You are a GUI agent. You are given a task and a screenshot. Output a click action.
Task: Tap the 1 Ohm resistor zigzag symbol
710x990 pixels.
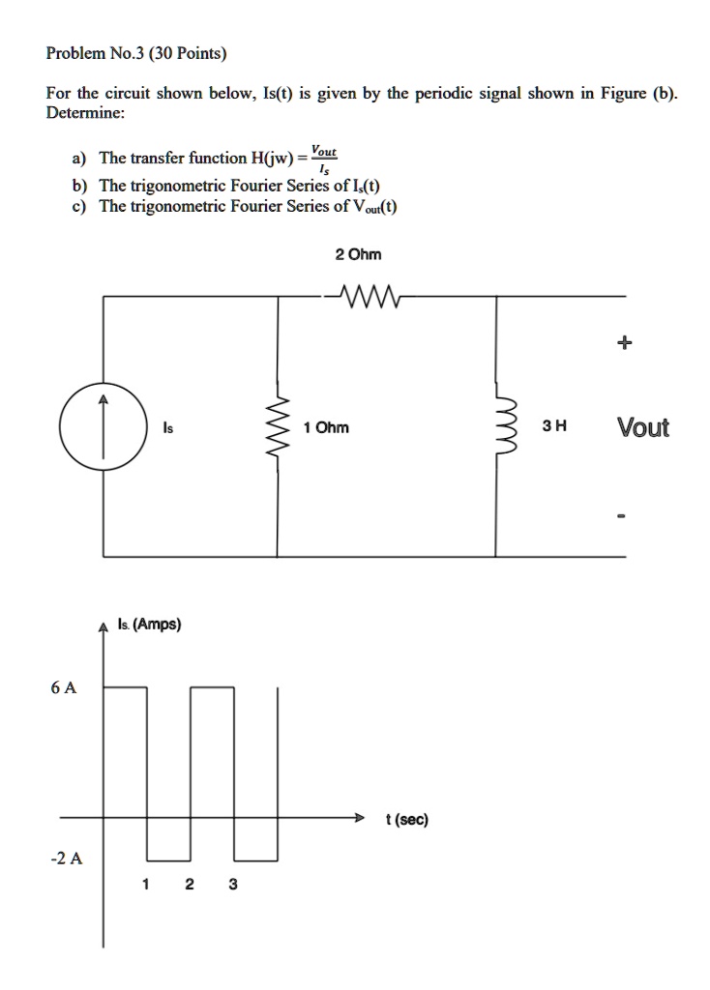coord(279,426)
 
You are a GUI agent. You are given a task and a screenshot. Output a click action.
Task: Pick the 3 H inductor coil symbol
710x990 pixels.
coord(498,426)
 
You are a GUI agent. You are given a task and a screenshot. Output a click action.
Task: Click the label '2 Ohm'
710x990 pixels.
coord(358,254)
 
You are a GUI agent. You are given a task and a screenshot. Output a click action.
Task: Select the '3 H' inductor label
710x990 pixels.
coord(555,427)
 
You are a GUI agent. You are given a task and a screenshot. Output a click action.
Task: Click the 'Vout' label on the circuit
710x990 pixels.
coord(643,427)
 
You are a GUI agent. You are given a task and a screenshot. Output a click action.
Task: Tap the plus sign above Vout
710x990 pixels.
coord(625,342)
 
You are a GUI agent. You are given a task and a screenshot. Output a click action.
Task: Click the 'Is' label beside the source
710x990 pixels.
coord(168,427)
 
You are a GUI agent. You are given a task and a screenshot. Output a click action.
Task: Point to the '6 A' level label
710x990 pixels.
coord(64,687)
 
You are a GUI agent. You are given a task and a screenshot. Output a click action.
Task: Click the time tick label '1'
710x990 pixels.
coord(146,885)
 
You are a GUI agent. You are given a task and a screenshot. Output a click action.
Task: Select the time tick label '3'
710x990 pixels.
coord(233,885)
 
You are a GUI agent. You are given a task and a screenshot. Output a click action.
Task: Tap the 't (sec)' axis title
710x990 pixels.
coord(406,820)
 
